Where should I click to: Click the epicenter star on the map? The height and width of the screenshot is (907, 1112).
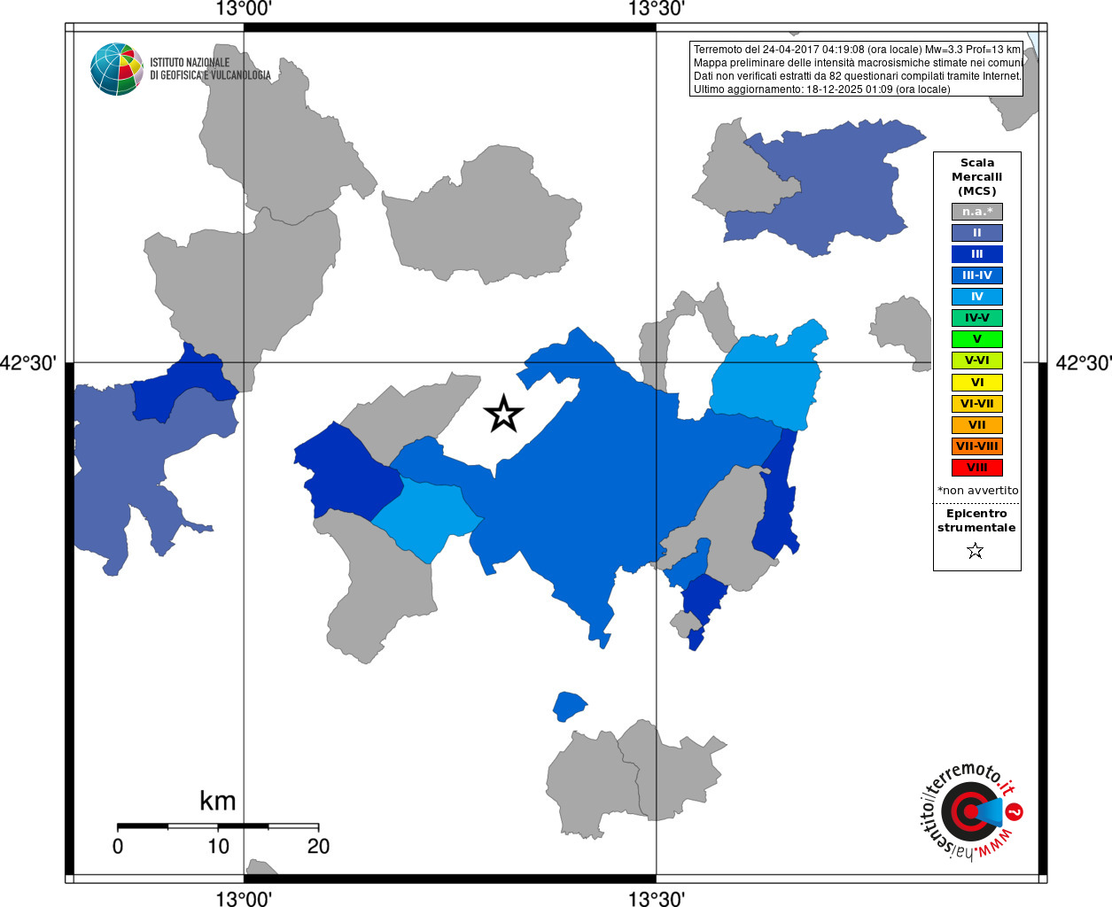click(x=504, y=414)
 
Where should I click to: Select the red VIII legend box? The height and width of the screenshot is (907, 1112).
click(x=976, y=468)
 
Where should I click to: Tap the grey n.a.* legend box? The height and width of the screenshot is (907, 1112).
click(x=976, y=212)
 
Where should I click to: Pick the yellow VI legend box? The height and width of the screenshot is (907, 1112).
click(x=976, y=383)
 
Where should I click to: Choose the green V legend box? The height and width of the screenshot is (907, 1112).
click(x=976, y=339)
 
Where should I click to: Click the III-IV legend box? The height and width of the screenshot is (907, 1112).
click(x=976, y=275)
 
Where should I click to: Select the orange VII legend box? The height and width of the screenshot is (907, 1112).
click(x=976, y=425)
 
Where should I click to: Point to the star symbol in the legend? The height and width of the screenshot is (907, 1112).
click(x=976, y=551)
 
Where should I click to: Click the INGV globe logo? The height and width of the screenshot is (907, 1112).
click(x=117, y=69)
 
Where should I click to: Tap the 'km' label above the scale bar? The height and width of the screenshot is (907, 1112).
click(x=217, y=801)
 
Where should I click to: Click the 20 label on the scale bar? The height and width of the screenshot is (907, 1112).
click(x=318, y=847)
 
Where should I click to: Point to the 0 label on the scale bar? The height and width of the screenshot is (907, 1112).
click(x=118, y=847)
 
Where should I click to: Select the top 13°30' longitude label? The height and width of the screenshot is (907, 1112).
click(x=657, y=9)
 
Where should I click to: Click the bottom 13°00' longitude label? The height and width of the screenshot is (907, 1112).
click(x=244, y=899)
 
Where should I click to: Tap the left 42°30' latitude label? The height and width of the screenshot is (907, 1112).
click(x=28, y=363)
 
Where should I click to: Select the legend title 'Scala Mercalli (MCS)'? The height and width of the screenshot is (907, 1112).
click(x=976, y=177)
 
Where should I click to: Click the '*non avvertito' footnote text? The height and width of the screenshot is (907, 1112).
click(x=977, y=491)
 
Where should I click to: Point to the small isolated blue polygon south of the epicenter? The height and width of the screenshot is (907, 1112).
click(x=569, y=706)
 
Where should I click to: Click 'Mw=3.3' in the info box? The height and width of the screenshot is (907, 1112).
click(x=944, y=50)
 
